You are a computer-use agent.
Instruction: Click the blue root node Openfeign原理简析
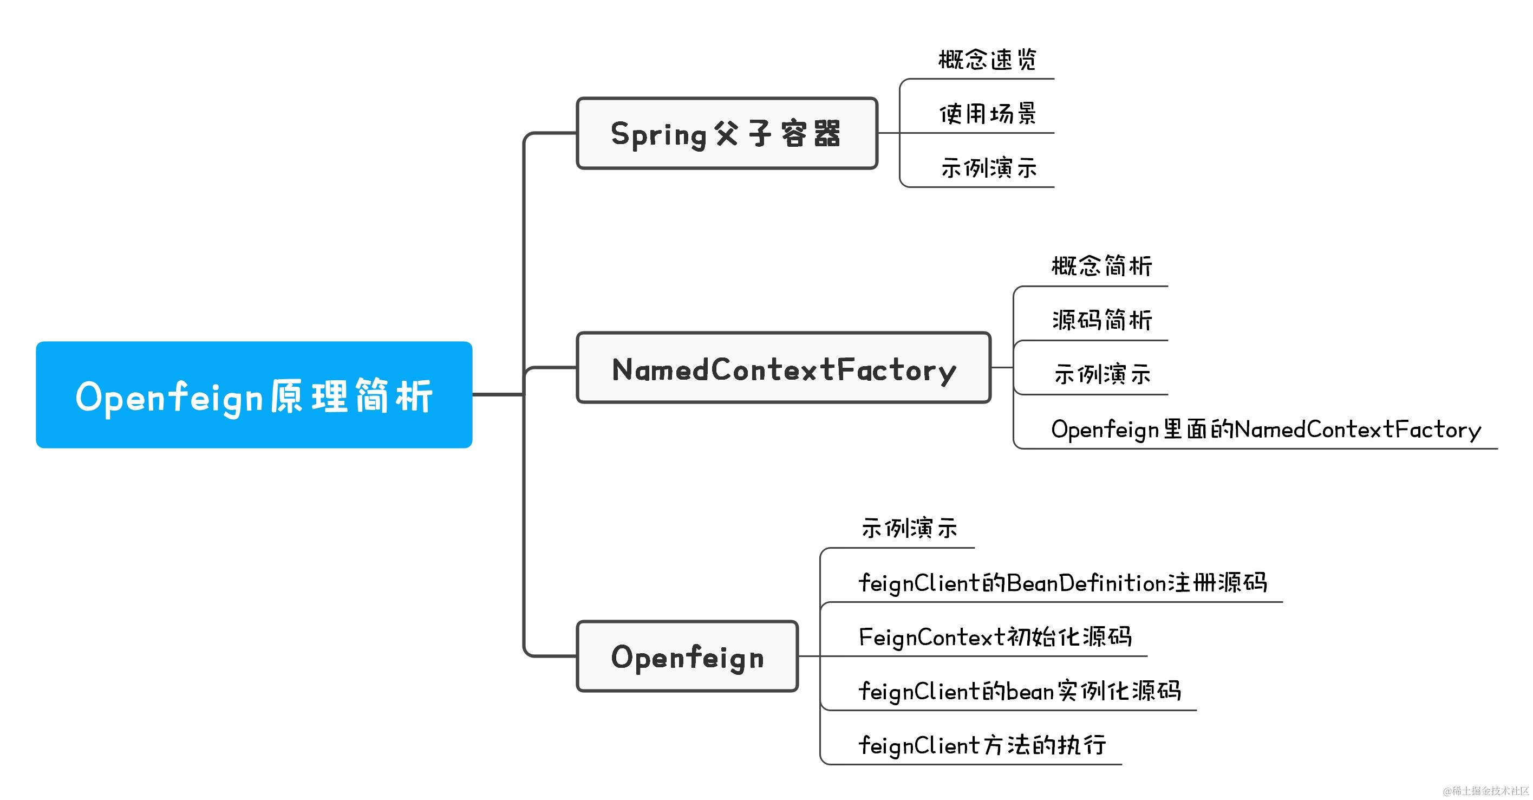point(254,395)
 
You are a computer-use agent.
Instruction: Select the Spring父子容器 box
point(727,133)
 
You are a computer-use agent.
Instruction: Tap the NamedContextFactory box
point(783,368)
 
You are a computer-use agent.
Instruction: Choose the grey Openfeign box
point(687,656)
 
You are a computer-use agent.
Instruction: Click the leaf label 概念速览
point(988,60)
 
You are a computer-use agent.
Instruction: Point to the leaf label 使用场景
point(988,114)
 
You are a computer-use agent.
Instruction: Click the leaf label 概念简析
point(1101,266)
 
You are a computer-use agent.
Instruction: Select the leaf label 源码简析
point(1101,320)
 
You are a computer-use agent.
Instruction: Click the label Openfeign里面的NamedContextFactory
point(1266,429)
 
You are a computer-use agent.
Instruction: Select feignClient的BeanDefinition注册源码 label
point(1062,583)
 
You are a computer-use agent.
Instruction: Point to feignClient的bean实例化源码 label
point(1020,691)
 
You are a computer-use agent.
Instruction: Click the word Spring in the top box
point(658,134)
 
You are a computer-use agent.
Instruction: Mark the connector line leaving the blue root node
point(498,394)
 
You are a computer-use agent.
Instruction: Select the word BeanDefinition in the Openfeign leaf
point(1086,583)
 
